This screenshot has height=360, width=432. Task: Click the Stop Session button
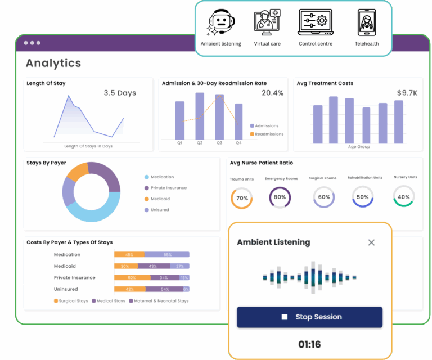(x=309, y=317)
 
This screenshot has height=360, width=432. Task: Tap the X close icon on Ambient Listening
(x=371, y=242)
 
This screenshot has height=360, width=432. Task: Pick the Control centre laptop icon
(x=315, y=22)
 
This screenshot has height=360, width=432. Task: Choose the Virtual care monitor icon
(x=267, y=22)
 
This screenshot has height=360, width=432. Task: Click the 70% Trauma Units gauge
(x=242, y=198)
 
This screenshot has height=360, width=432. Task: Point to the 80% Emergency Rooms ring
(x=280, y=197)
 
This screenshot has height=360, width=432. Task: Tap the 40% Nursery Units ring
(x=403, y=197)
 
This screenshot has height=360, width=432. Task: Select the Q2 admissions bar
(x=200, y=116)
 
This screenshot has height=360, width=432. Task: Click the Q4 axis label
(x=238, y=143)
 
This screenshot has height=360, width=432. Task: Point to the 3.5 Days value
(x=120, y=93)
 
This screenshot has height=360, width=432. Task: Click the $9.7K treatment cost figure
(x=407, y=93)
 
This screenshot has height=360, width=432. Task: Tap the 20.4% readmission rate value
(x=272, y=93)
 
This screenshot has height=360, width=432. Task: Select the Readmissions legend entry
(x=267, y=134)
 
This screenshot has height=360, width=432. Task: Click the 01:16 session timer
(x=309, y=344)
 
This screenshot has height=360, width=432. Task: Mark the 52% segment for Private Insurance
(x=132, y=278)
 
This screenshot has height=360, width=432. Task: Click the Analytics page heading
(x=53, y=63)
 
